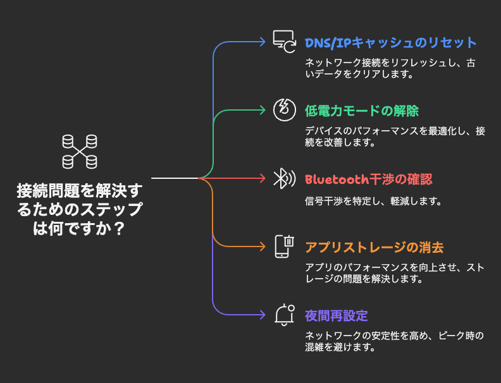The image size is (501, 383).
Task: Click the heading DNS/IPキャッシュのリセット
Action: point(390,43)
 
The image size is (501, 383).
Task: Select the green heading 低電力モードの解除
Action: point(361,111)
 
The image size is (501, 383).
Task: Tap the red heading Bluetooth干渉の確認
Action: point(368,179)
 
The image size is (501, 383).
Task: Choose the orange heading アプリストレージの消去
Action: point(374,248)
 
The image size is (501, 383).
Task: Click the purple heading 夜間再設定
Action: point(336,316)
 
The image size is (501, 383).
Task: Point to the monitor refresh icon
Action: point(284,42)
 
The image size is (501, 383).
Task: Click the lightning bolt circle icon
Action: point(285,110)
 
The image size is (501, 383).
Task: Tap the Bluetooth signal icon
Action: point(285,178)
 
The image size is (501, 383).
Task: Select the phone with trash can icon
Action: point(285,246)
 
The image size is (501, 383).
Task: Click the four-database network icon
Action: point(80,152)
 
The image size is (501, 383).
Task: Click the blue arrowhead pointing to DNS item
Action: point(263,42)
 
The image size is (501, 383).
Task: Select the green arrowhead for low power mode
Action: point(263,110)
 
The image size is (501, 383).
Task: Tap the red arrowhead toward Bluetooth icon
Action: point(263,178)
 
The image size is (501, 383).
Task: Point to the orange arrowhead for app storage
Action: point(263,246)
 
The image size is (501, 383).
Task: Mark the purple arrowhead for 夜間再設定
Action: point(263,315)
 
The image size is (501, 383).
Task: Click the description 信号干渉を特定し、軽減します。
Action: point(373,201)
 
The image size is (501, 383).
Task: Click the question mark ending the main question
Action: point(118,229)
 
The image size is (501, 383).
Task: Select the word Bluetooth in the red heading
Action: point(337,179)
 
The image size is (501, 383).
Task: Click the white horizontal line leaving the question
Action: point(175,178)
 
